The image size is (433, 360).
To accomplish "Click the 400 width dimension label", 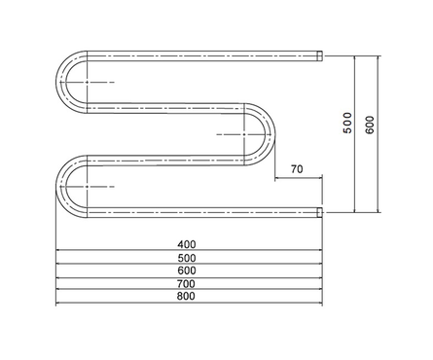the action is [187, 244].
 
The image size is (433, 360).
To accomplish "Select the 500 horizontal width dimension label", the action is [187, 258].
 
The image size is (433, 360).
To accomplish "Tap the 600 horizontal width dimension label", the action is [187, 270].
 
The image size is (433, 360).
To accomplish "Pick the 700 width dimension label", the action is [187, 284].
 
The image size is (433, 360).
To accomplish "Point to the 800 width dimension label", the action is [187, 296].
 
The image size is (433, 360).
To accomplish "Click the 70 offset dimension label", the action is [297, 169].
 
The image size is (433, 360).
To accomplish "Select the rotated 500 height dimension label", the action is [347, 123].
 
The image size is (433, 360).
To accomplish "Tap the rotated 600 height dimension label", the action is [370, 125].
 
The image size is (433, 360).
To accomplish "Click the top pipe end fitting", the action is [320, 55].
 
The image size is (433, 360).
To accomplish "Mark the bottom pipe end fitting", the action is [320, 212].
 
